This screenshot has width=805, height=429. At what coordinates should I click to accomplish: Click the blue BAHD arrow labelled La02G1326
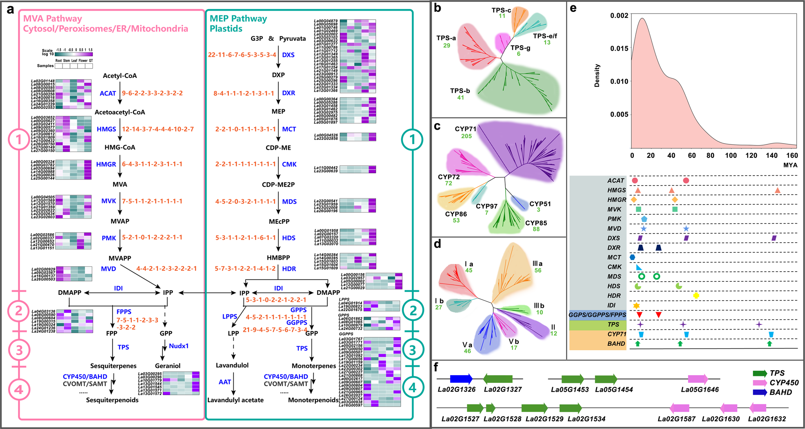pos(461,379)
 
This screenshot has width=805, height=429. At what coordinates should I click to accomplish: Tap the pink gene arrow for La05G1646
pos(698,379)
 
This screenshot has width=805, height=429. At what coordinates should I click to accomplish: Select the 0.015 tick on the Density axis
pos(619,49)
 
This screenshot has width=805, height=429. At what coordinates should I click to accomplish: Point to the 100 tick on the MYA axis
pos(731,155)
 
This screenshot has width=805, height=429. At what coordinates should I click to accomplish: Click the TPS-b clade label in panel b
pos(460,91)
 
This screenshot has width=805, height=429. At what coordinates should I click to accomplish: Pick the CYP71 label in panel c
pos(466,129)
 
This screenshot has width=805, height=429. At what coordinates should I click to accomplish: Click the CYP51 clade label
pos(540,204)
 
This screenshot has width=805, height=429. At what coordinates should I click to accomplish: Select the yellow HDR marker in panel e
pos(696,295)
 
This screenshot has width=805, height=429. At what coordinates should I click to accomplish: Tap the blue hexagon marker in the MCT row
pos(632,257)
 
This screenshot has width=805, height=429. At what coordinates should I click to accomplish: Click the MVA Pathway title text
pos(52,18)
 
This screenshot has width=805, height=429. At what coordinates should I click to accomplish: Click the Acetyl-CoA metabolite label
pos(120,76)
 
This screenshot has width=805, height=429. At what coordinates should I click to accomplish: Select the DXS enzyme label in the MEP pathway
pos(288,55)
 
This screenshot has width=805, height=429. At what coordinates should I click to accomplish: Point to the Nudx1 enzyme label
pos(178,346)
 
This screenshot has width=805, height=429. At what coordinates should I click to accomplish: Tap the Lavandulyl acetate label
pos(235,400)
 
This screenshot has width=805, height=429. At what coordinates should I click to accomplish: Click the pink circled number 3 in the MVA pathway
pos(18,350)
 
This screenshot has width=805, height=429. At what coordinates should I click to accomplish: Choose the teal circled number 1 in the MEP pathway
pos(412,139)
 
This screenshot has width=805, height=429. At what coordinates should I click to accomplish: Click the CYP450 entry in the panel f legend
pos(784,383)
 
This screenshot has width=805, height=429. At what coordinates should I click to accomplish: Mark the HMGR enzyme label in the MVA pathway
pos(106,164)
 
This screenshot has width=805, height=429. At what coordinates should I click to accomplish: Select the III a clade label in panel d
pos(537,264)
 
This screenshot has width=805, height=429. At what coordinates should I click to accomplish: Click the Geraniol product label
pos(167,366)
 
